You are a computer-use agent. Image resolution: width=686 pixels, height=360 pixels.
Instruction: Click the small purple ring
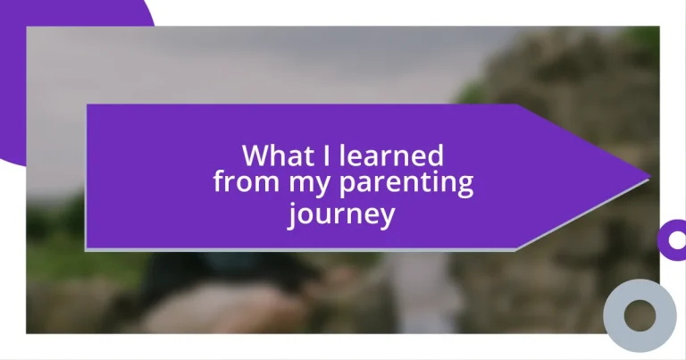[673, 239]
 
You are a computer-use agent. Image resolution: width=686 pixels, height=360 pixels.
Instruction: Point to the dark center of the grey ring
[640, 314]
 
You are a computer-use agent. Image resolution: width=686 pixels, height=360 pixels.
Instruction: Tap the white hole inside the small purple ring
[676, 239]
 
